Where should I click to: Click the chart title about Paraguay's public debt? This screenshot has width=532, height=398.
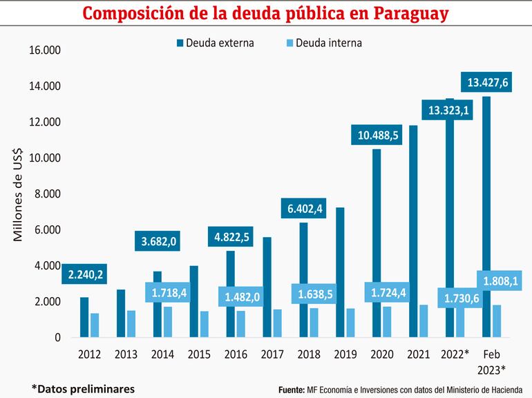point(265,14)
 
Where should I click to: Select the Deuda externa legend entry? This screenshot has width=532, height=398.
point(215,43)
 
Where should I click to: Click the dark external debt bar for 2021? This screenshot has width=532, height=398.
point(413,231)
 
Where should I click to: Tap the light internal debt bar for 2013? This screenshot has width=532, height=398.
point(131,324)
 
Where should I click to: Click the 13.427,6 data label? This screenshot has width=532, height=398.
point(488,83)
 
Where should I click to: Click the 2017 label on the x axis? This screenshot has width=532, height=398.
point(272,354)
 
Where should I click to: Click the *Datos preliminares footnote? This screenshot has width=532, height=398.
point(83,388)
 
